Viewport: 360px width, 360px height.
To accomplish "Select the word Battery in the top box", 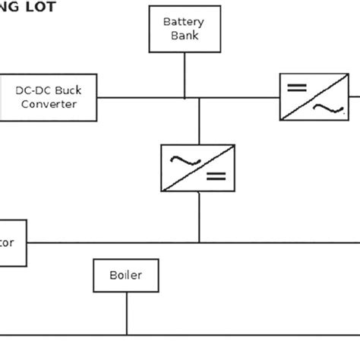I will (x=184, y=22).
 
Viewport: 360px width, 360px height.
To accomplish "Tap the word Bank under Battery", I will (x=184, y=36).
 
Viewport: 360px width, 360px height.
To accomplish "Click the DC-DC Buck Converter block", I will (x=49, y=96).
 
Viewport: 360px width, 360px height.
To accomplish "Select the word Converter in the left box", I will (x=49, y=104).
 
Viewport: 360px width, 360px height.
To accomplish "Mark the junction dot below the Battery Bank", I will (x=185, y=97).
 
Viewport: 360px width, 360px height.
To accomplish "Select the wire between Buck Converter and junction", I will (x=141, y=97).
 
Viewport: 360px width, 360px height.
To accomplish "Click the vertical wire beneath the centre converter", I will (x=199, y=216).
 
